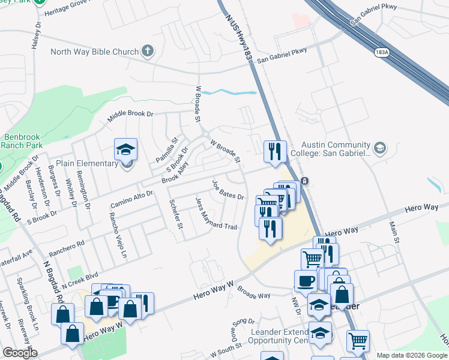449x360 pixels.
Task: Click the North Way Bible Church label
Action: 95,52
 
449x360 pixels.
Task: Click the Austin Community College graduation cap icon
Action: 379,148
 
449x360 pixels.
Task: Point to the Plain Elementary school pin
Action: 126,151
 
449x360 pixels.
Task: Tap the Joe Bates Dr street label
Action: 228,190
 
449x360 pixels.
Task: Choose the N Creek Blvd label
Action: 82,277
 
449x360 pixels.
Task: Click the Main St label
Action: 394,232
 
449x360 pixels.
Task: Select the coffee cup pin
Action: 306,281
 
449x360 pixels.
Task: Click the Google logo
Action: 20,353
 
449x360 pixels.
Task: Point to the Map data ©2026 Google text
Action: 411,355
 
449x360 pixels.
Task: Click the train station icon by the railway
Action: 305,181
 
